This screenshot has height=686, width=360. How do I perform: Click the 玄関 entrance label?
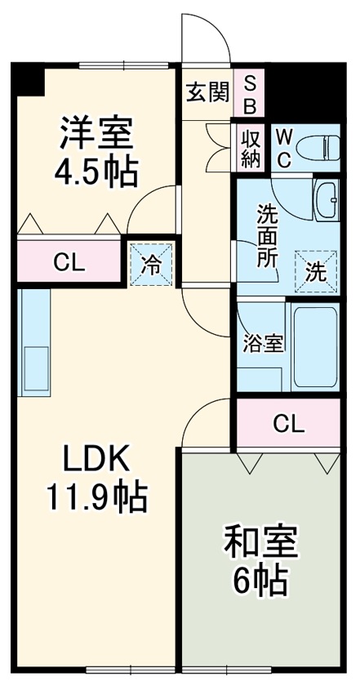(x=207, y=93)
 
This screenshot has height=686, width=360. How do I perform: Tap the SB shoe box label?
(x=250, y=94)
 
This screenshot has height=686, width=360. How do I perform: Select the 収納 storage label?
(x=250, y=147)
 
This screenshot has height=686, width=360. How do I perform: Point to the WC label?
(x=282, y=148)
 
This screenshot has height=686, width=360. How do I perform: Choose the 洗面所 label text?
(x=267, y=237)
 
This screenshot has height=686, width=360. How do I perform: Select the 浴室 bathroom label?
(x=262, y=343)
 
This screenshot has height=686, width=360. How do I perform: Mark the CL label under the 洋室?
(x=69, y=263)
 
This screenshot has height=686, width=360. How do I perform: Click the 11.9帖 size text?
(x=96, y=495)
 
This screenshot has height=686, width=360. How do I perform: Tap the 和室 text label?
(x=260, y=541)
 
